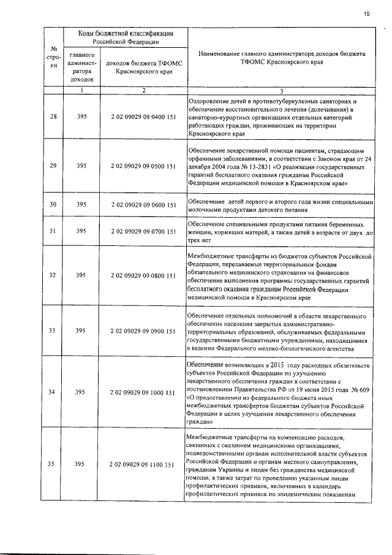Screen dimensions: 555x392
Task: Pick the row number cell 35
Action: pyautogui.click(x=53, y=465)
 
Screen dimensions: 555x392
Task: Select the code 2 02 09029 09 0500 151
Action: pyautogui.click(x=143, y=166)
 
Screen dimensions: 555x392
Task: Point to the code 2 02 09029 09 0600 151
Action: pyautogui.click(x=143, y=205)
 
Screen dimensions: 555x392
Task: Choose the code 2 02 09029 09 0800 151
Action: pyautogui.click(x=143, y=276)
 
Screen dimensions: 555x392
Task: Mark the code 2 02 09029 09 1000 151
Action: pyautogui.click(x=143, y=392)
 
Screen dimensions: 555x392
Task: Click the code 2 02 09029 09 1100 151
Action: pyautogui.click(x=143, y=465)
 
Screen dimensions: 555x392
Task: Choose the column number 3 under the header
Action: pyautogui.click(x=281, y=91)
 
